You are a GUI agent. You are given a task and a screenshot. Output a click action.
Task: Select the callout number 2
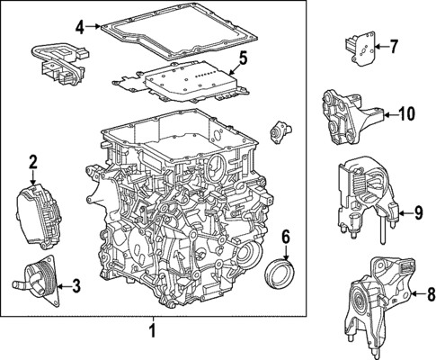click(32, 163)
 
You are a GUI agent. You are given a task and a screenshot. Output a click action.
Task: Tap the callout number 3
click(75, 287)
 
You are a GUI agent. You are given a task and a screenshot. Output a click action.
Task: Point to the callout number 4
click(80, 27)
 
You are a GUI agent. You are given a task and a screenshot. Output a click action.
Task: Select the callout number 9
click(416, 212)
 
